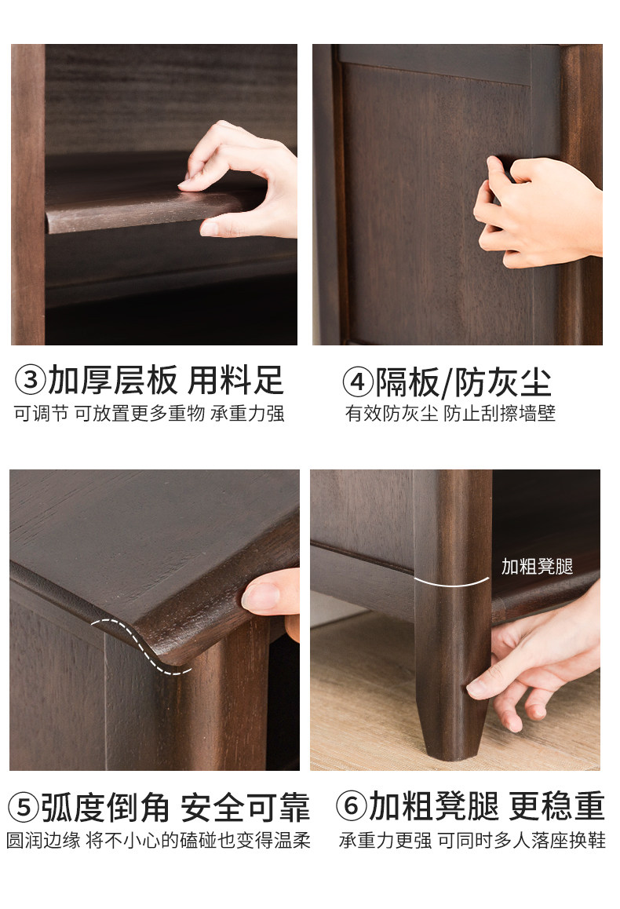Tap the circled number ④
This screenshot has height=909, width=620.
[358, 382]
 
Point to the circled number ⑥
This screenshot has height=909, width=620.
[352, 806]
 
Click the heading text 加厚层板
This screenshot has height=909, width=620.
[113, 380]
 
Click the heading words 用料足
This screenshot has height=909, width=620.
[235, 380]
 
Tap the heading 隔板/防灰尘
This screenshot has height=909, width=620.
[464, 382]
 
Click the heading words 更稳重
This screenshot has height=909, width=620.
[557, 806]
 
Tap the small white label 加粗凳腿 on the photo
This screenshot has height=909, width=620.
[537, 567]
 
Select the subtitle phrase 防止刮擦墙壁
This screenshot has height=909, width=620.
[499, 414]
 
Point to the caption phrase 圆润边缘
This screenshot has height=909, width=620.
[43, 840]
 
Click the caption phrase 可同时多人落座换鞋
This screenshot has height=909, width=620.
[521, 840]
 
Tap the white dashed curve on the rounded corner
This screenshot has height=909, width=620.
[140, 644]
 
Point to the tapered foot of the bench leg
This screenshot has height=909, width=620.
[453, 731]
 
